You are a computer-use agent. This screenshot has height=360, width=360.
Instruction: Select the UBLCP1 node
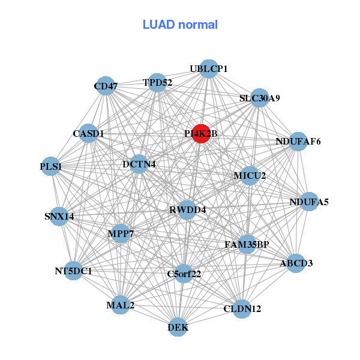click(208, 69)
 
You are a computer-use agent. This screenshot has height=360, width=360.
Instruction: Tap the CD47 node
click(106, 86)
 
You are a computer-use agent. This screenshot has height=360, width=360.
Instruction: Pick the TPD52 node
click(157, 83)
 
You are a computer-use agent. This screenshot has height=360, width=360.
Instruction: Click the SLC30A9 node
click(259, 98)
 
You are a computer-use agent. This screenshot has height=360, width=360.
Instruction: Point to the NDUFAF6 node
click(298, 142)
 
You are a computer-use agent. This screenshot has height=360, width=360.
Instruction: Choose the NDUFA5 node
click(309, 202)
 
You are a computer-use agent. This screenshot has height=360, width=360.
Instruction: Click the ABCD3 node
click(296, 263)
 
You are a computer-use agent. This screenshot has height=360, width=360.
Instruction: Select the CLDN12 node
click(242, 309)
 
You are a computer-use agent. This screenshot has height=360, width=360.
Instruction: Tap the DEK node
click(178, 327)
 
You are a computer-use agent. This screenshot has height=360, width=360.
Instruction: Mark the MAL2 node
click(121, 305)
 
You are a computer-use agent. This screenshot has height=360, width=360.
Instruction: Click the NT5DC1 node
click(74, 271)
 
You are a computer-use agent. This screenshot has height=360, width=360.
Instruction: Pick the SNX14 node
click(59, 216)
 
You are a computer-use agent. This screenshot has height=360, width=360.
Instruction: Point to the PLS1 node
click(51, 167)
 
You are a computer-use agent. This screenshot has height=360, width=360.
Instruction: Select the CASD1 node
click(89, 133)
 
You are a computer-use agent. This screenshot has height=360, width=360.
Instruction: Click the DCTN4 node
click(139, 164)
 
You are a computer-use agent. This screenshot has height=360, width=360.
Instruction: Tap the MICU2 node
click(250, 176)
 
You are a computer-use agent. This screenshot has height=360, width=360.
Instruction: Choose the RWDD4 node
click(187, 210)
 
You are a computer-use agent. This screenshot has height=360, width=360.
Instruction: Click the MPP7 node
click(121, 233)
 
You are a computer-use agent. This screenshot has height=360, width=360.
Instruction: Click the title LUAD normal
click(180, 25)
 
